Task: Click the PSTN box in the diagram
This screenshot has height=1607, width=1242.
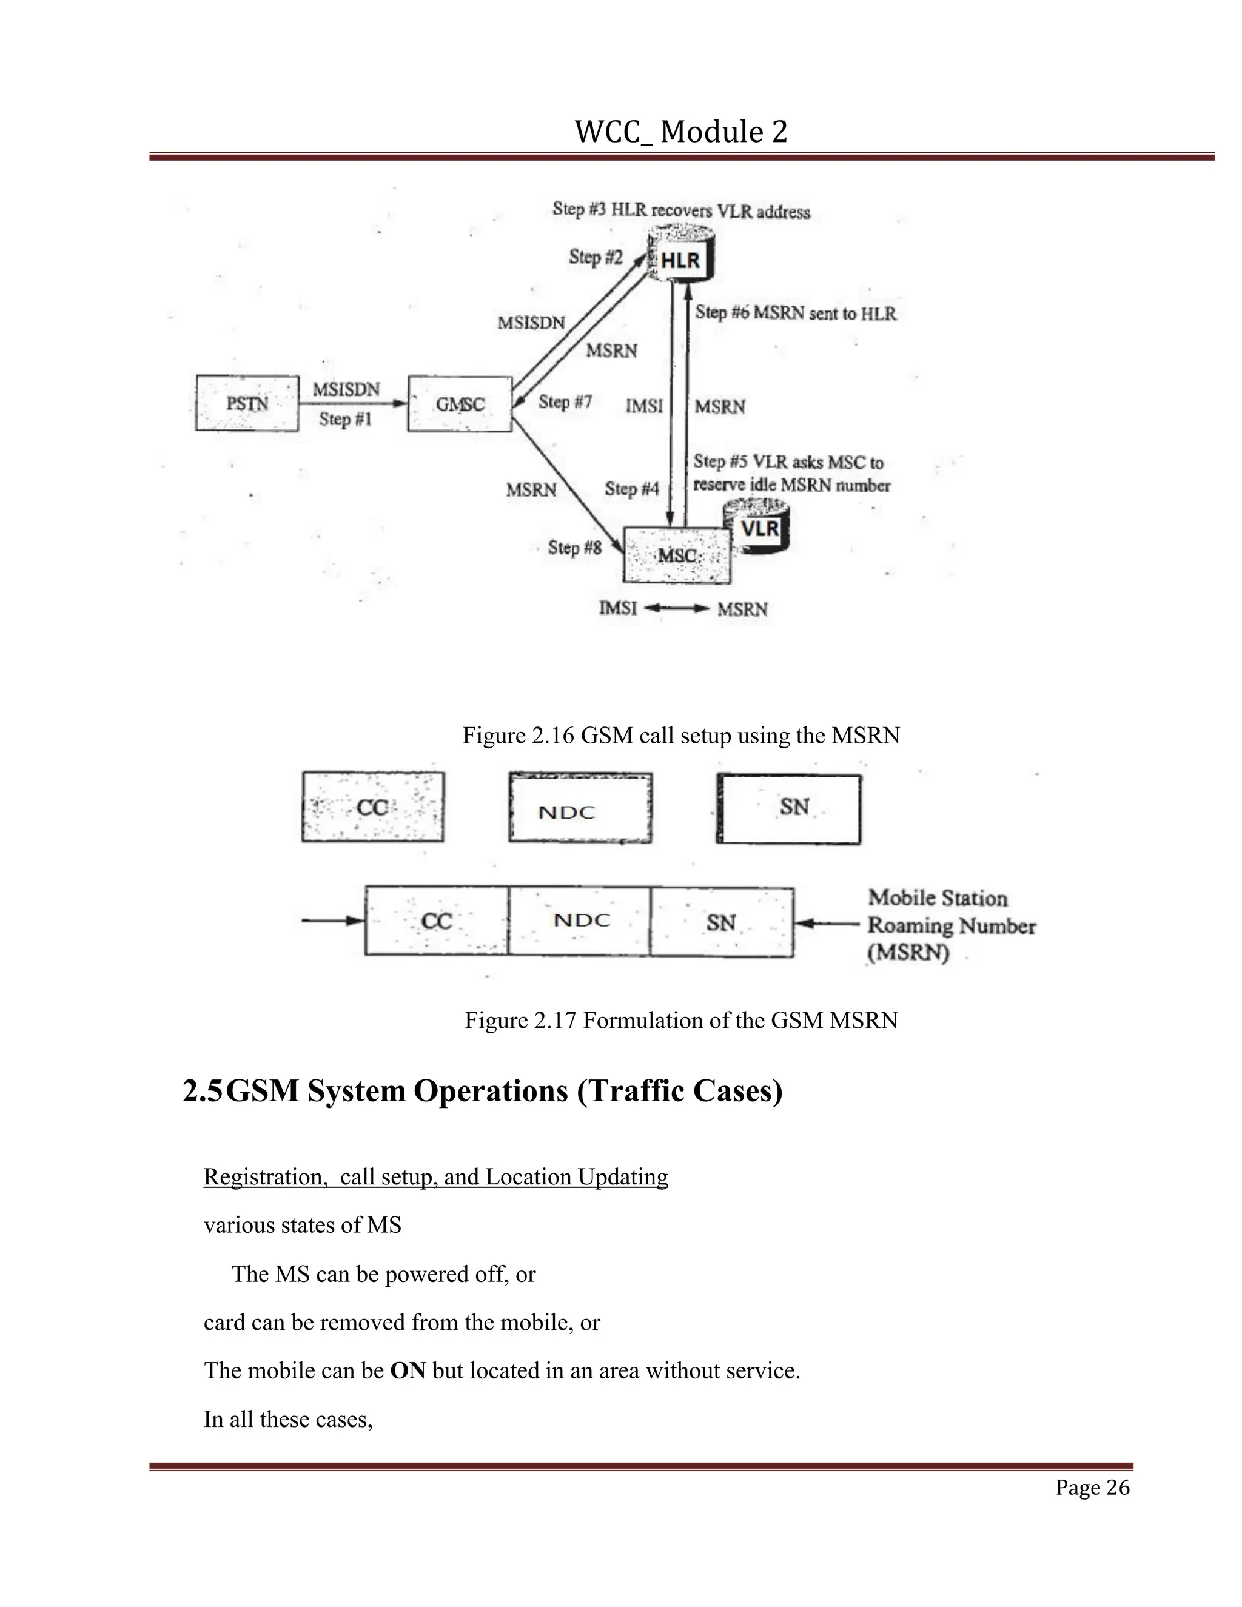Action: tap(247, 403)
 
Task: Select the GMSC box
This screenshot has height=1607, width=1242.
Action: tap(460, 404)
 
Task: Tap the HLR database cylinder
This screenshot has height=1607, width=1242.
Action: tap(681, 258)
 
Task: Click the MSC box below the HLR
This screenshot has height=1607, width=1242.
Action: tap(677, 555)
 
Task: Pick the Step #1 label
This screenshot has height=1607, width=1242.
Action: tap(345, 420)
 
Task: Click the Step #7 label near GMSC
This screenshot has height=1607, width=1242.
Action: tap(565, 401)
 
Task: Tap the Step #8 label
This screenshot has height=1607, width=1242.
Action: tap(575, 548)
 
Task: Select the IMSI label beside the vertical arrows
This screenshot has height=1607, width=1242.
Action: tap(645, 406)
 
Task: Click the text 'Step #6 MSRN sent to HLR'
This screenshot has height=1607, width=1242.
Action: tap(796, 314)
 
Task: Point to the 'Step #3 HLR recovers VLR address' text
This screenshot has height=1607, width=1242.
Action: tap(680, 210)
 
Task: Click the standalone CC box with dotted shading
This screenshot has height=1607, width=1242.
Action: tap(372, 807)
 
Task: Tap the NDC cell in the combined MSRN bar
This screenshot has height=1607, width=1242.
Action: tap(580, 921)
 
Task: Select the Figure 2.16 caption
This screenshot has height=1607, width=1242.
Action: tap(680, 735)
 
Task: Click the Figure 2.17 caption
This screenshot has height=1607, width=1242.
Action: tap(680, 1021)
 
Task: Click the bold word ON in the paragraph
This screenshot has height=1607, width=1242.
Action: tap(408, 1371)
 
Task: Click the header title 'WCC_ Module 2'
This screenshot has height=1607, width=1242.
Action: tap(680, 132)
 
